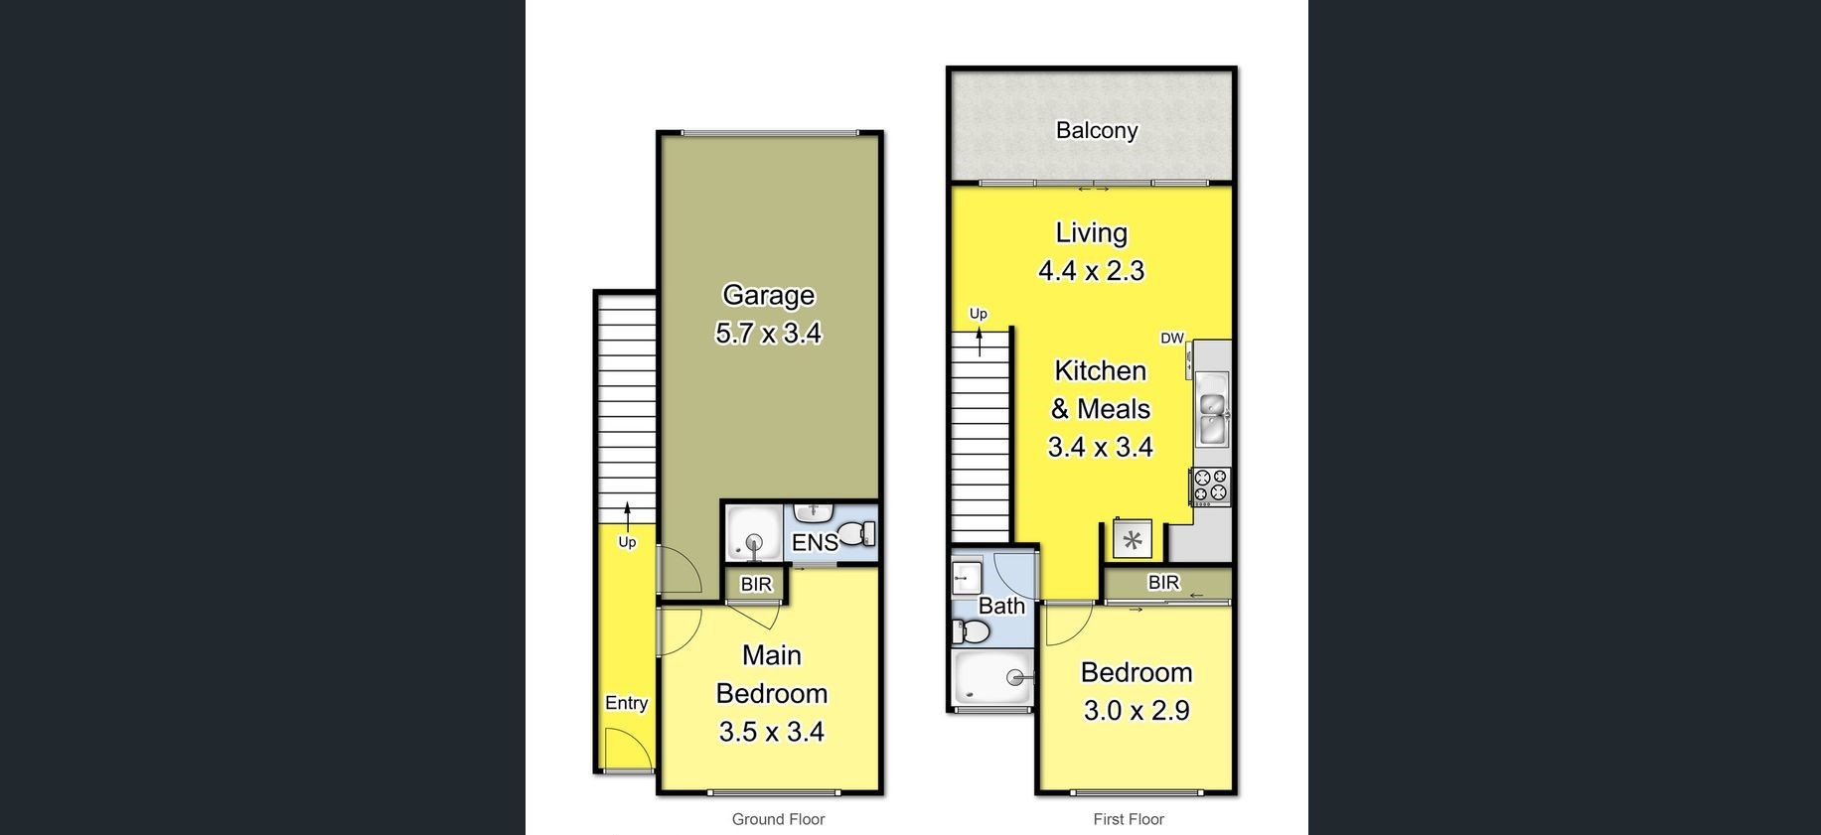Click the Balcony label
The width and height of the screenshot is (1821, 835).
click(1097, 130)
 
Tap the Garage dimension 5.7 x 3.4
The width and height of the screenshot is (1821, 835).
click(768, 333)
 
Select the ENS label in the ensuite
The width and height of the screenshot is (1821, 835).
click(815, 542)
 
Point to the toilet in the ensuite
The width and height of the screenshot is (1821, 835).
click(856, 535)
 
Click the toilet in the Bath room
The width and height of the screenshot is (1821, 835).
click(971, 630)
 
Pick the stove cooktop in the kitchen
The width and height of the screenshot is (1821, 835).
click(1211, 487)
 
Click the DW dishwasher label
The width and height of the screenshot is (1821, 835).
click(1172, 338)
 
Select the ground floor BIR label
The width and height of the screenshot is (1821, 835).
click(756, 584)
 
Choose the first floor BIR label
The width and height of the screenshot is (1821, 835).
click(1163, 582)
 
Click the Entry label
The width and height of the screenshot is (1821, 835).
click(626, 703)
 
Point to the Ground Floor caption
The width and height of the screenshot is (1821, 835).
click(778, 819)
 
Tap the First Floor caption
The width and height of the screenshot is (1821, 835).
click(1129, 819)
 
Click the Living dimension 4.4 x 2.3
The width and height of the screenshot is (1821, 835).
click(1091, 270)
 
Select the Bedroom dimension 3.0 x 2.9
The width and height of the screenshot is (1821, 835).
click(1137, 710)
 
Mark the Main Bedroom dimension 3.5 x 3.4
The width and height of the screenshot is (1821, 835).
click(771, 732)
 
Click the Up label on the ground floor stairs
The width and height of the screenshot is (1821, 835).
click(627, 542)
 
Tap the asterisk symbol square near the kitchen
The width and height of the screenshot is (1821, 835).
click(1133, 541)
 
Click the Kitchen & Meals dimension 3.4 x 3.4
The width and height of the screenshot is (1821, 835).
click(1100, 447)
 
